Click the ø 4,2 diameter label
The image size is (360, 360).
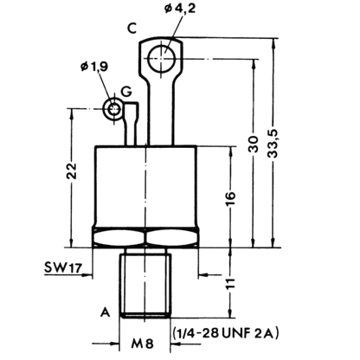coord(180,9)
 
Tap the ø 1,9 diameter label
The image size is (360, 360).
coord(94,67)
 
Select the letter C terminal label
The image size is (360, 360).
coord(132,29)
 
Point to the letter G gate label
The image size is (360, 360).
coord(126,91)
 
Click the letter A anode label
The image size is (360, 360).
coord(106,312)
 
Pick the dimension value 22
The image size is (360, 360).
coord(72,171)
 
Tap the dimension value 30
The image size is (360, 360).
coord(254,144)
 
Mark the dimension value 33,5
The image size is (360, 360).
coord(273,144)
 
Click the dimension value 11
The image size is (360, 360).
coord(230,283)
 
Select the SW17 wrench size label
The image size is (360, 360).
coord(63,267)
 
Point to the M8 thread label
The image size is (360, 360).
coord(143,344)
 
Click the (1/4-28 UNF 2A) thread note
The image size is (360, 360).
coord(226,333)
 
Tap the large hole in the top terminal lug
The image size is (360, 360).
coord(161,58)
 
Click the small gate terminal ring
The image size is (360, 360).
coord(114,108)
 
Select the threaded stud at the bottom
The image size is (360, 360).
coord(145,284)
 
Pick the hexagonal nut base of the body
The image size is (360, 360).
coord(145,238)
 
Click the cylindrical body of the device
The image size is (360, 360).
coord(146,187)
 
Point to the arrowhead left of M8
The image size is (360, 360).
coord(115,344)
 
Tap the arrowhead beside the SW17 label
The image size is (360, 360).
coord(87,275)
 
